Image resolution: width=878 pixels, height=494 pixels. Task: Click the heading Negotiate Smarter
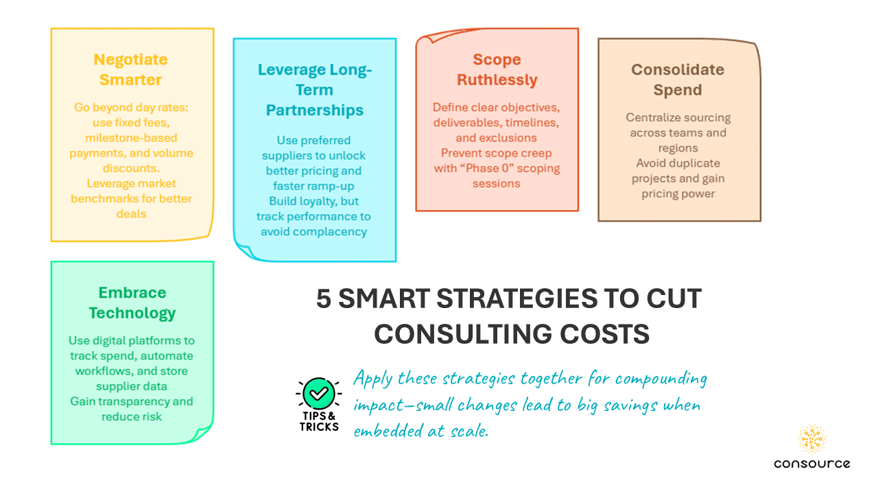(x=130, y=69)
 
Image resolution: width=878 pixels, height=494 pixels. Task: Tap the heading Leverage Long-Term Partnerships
(x=314, y=90)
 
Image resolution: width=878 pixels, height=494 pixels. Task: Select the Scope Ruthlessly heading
(x=497, y=69)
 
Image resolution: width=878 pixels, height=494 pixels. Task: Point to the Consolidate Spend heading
(x=678, y=80)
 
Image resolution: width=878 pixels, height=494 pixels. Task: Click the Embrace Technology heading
(x=132, y=303)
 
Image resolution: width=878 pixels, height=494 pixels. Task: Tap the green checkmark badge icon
(x=319, y=393)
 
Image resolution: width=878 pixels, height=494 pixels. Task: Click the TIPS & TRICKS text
(x=319, y=421)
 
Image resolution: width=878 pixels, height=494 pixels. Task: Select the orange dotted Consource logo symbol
(x=811, y=438)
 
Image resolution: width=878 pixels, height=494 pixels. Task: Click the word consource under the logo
(x=811, y=464)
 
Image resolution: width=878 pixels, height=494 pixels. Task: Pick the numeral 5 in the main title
(x=323, y=298)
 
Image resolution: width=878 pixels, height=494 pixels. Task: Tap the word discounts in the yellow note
(x=131, y=168)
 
